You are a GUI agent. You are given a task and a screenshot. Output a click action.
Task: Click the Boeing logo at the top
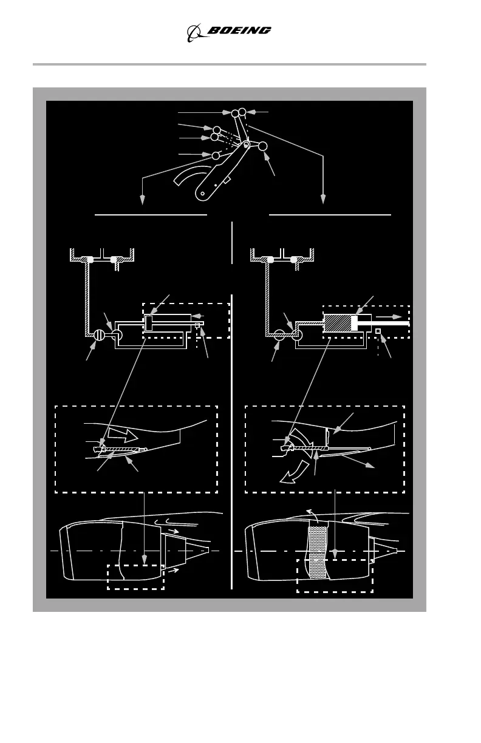tap(228, 32)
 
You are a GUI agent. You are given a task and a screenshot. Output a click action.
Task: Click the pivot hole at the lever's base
tap(203, 194)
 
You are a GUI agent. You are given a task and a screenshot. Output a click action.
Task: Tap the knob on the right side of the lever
tap(263, 146)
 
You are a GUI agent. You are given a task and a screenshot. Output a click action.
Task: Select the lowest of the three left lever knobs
tap(216, 156)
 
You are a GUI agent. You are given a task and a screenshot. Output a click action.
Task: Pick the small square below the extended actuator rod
tap(378, 331)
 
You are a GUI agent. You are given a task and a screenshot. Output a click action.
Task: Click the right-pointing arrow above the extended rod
tap(384, 316)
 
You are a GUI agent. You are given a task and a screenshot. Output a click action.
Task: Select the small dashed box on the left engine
tap(135, 577)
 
